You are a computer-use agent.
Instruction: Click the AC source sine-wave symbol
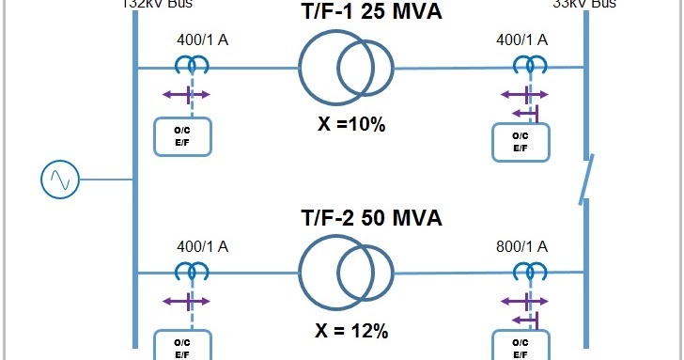61,179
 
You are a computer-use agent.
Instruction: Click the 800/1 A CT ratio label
521,248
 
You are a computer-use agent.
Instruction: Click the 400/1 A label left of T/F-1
203,41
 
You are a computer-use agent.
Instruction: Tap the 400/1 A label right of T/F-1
521,41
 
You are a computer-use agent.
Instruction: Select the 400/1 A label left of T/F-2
203,248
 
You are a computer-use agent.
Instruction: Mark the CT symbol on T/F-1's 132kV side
192,65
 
